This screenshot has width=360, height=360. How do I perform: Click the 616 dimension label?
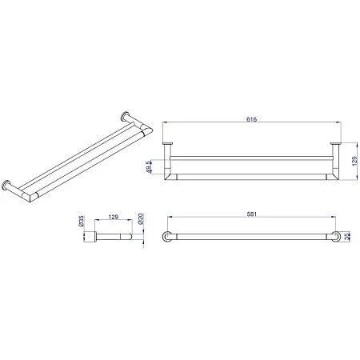[x=251, y=119]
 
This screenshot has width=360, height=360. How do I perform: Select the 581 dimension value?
[x=252, y=214]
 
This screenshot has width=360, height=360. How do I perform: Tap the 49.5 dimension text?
[x=150, y=166]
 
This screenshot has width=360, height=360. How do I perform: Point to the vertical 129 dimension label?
[x=354, y=162]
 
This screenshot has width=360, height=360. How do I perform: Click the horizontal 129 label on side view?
[x=114, y=217]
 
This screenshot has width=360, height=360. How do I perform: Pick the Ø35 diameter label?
[x=82, y=221]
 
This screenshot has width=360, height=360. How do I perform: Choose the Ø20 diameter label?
[x=141, y=218]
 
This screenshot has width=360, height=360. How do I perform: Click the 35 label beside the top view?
[x=346, y=237]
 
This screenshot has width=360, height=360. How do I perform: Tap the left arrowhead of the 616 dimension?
[x=165, y=122]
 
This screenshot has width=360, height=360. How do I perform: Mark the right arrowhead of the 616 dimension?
[x=339, y=122]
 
